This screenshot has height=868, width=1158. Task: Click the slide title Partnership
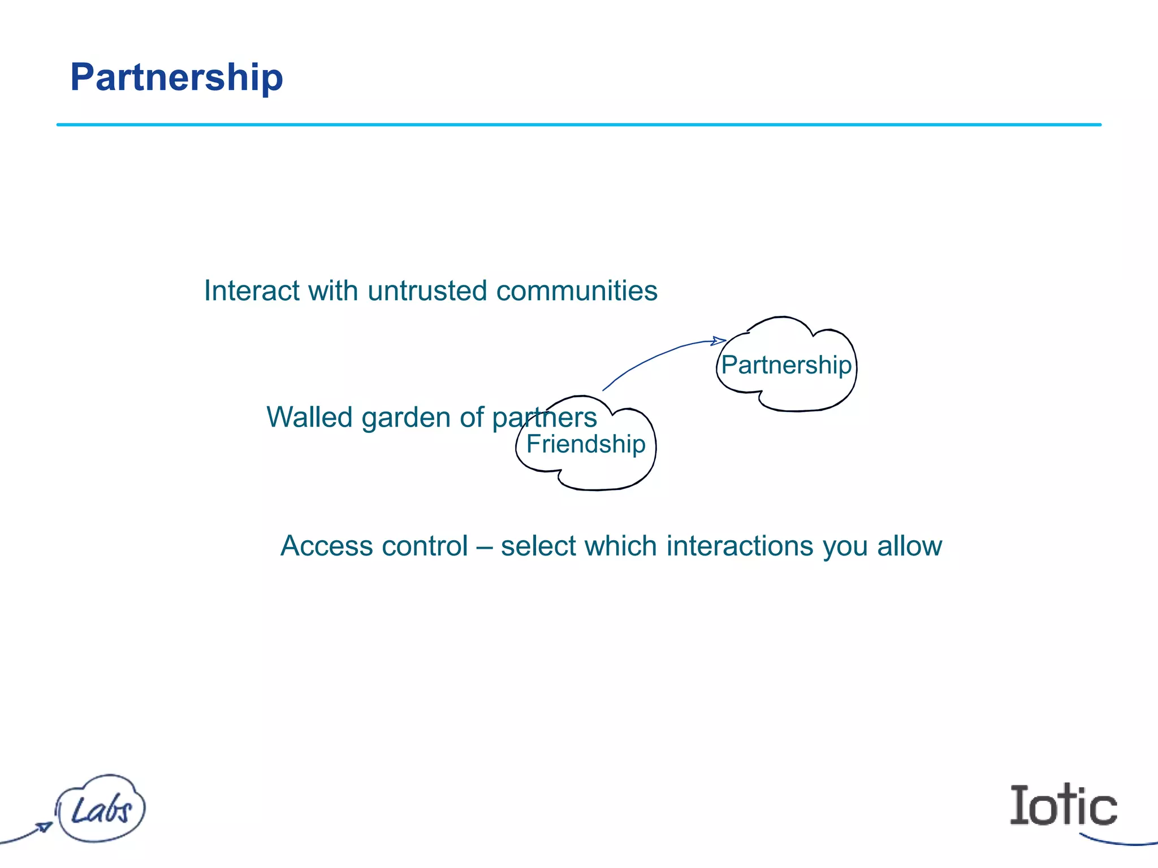click(x=176, y=77)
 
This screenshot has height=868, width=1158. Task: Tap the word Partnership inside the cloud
click(x=786, y=365)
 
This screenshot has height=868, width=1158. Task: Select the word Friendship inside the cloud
click(x=586, y=444)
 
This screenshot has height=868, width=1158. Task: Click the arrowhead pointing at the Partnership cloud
click(x=719, y=341)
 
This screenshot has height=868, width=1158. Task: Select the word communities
click(x=577, y=291)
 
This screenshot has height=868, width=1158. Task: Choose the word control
click(x=425, y=546)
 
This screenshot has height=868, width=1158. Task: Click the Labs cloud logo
click(x=101, y=809)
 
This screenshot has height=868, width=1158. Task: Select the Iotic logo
click(x=1063, y=805)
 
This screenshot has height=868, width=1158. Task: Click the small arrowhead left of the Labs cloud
click(x=44, y=826)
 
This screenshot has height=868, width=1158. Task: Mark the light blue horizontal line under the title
click(x=578, y=124)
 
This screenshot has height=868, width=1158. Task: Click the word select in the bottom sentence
click(x=539, y=546)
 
